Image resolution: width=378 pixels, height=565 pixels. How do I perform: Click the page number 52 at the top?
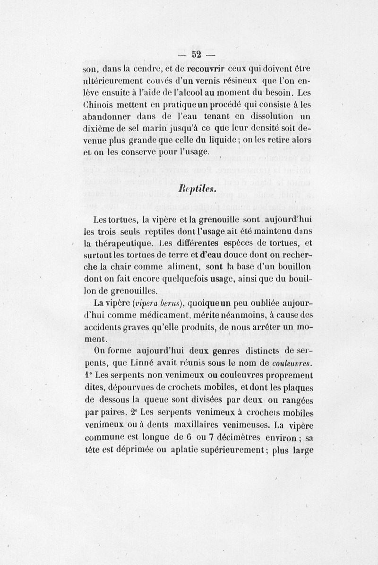click(196, 55)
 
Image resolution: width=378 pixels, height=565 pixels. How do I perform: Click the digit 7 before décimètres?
click(212, 435)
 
